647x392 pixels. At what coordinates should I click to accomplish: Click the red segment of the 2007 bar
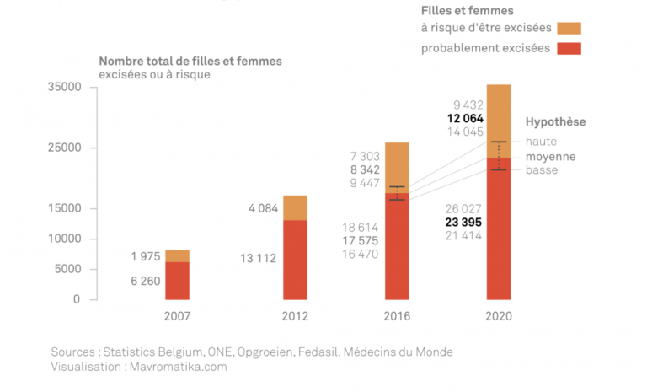(x=177, y=281)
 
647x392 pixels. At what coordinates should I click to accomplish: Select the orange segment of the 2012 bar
(x=295, y=207)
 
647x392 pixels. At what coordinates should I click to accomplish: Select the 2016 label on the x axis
(x=397, y=317)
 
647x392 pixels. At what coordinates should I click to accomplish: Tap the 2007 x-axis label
(x=177, y=317)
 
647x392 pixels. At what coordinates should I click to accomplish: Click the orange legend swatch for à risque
(x=569, y=29)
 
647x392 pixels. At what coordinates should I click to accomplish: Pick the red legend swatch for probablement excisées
(x=569, y=48)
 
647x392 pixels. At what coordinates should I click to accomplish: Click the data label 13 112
(x=256, y=258)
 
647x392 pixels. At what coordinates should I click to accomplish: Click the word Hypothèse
(x=555, y=122)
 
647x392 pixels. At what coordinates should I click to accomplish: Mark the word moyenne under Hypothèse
(x=550, y=157)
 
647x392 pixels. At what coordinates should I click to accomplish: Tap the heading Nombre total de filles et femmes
(x=190, y=62)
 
